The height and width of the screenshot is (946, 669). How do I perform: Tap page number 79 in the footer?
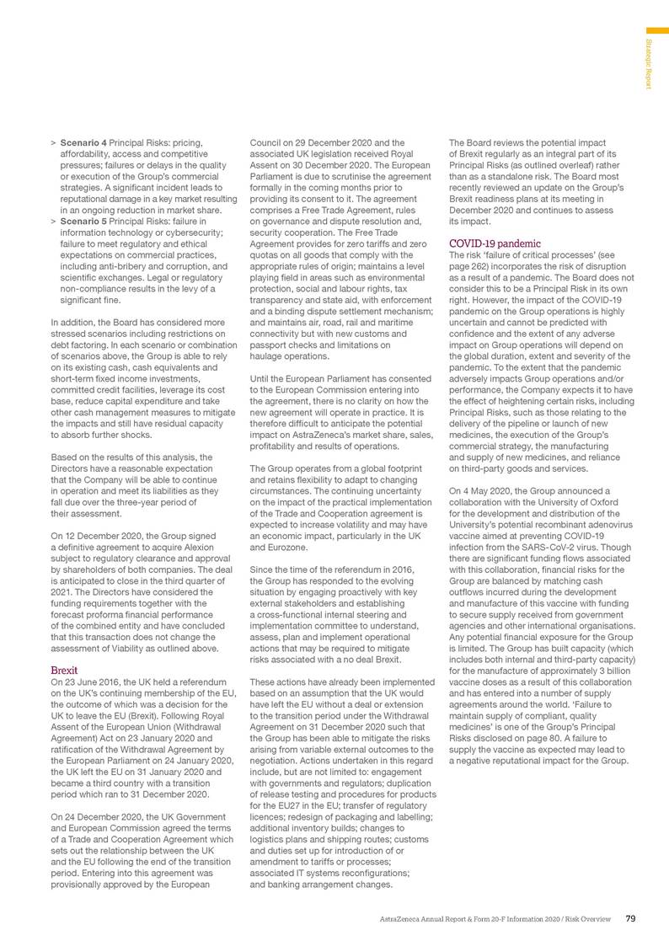[x=630, y=917]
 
